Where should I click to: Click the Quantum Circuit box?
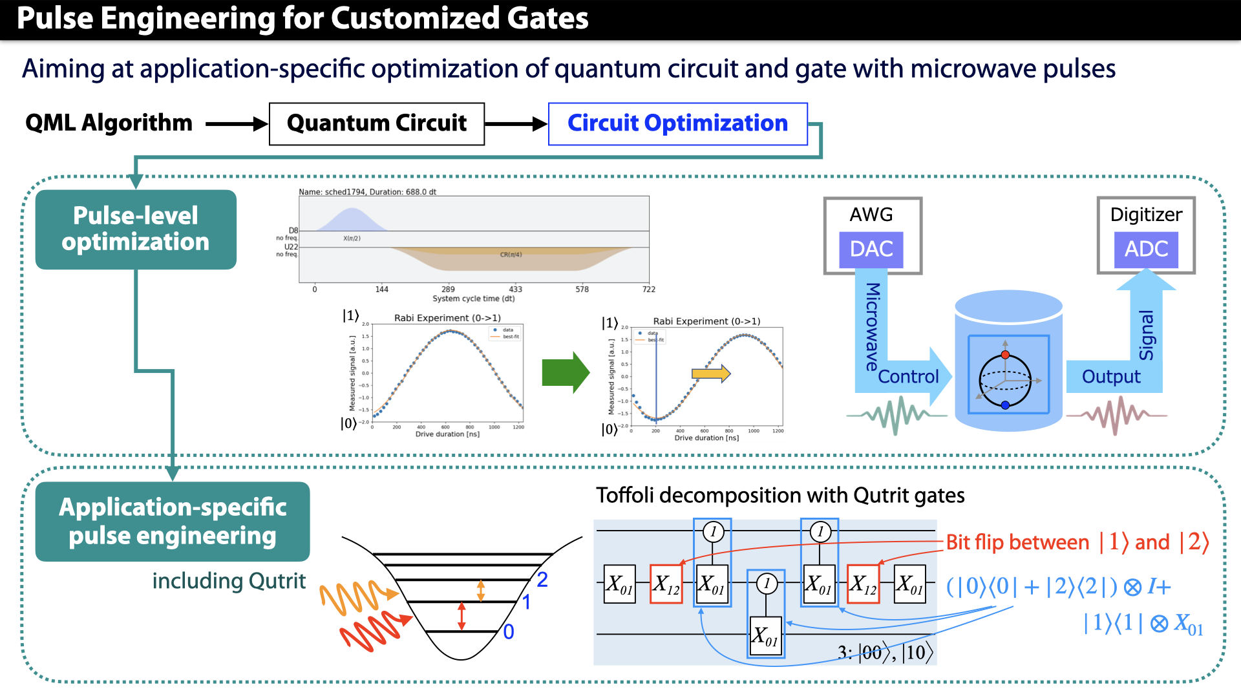pyautogui.click(x=376, y=123)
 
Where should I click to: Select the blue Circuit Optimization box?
pyautogui.click(x=677, y=123)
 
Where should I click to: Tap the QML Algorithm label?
pyautogui.click(x=109, y=123)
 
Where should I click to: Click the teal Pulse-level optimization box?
pyautogui.click(x=136, y=229)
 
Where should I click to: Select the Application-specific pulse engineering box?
pyautogui.click(x=173, y=521)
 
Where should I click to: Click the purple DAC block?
pyautogui.click(x=871, y=249)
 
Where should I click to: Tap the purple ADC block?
pyautogui.click(x=1146, y=249)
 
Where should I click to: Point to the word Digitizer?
pyautogui.click(x=1146, y=215)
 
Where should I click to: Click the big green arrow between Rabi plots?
pyautogui.click(x=565, y=372)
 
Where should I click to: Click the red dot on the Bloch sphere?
pyautogui.click(x=1005, y=355)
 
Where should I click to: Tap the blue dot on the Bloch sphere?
pyautogui.click(x=1005, y=405)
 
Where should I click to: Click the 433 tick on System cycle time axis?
pyautogui.click(x=515, y=289)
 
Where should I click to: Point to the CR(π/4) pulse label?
pyautogui.click(x=511, y=255)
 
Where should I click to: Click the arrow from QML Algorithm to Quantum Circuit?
pyautogui.click(x=236, y=123)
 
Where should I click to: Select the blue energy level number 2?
pyautogui.click(x=542, y=580)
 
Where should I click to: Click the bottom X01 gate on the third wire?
pyautogui.click(x=765, y=636)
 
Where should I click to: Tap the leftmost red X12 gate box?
pyautogui.click(x=666, y=584)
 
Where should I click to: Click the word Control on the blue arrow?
pyautogui.click(x=908, y=377)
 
